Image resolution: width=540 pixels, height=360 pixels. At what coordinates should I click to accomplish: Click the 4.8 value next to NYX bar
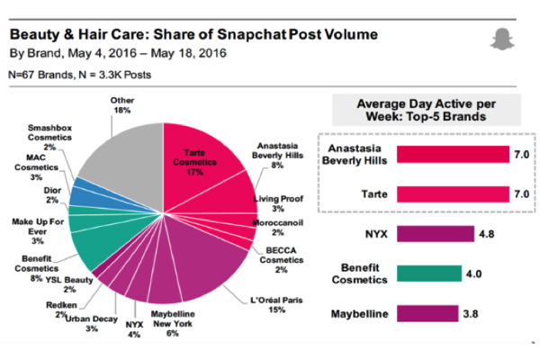coord(487,234)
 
